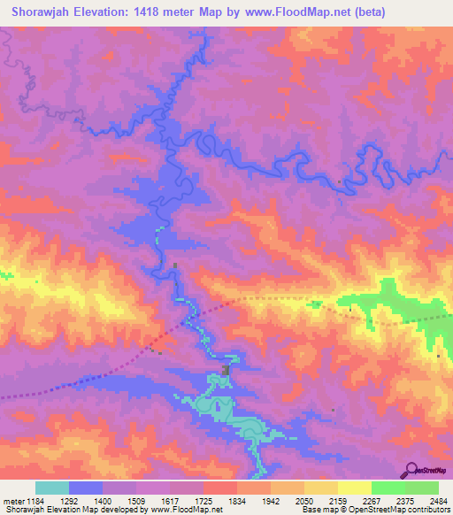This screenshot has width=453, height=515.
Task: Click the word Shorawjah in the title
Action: click(x=41, y=12)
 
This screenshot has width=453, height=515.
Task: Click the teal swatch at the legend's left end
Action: click(x=52, y=488)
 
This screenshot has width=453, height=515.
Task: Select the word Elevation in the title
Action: click(x=111, y=12)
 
